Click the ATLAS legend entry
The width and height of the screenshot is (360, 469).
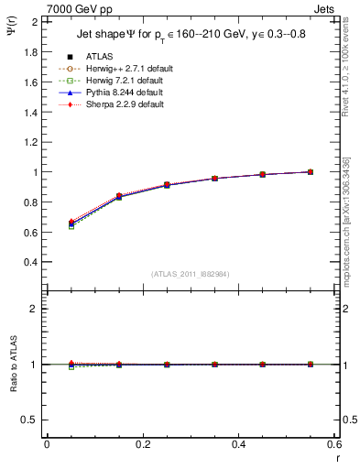coord(99,57)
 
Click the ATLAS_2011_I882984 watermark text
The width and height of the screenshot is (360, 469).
coord(191,274)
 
